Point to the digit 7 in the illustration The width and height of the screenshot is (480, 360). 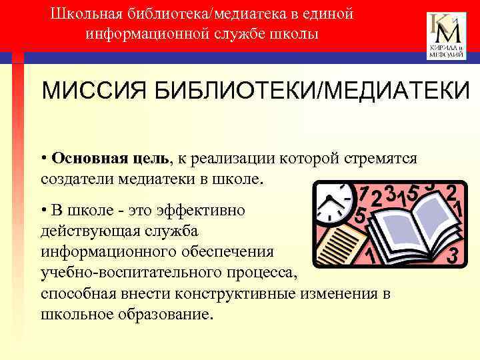(364, 193)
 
